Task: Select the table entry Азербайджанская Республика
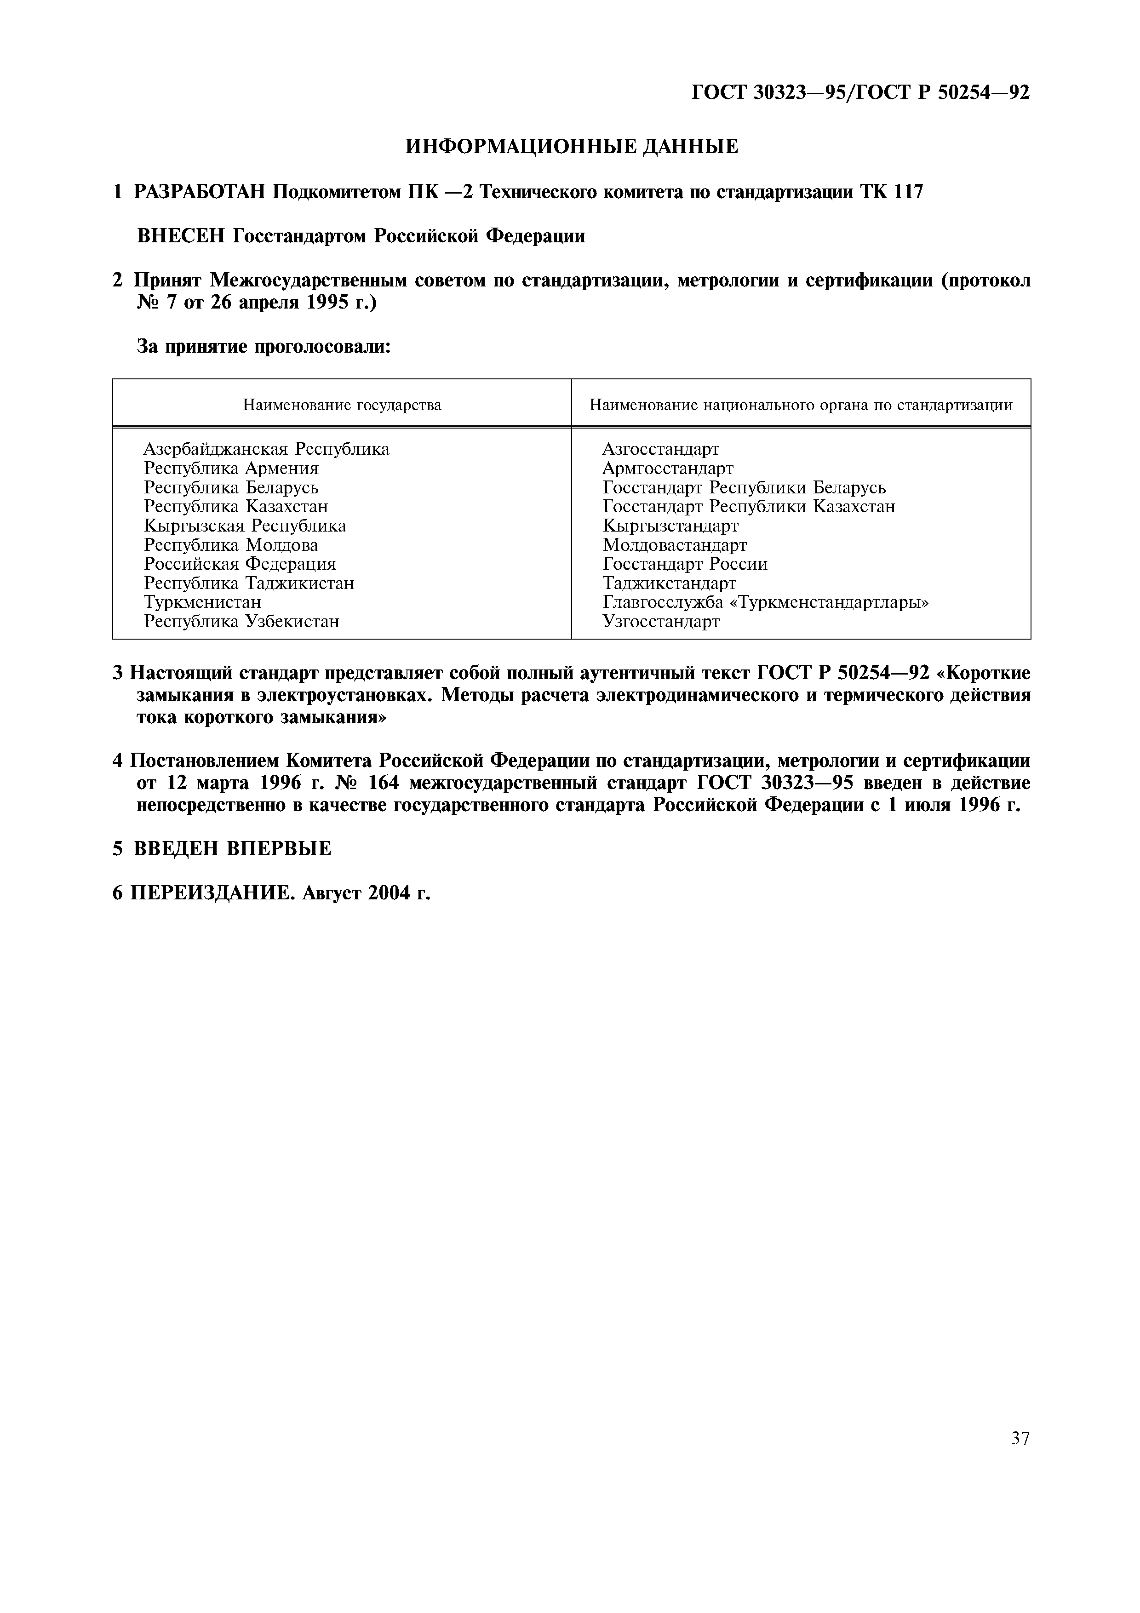(266, 449)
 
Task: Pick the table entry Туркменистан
(202, 602)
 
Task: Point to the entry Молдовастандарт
(674, 545)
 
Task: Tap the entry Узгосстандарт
(661, 622)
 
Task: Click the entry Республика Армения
(231, 468)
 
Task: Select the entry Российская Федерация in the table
(240, 564)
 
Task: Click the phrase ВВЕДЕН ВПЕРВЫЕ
(233, 849)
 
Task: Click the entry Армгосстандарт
(667, 468)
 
